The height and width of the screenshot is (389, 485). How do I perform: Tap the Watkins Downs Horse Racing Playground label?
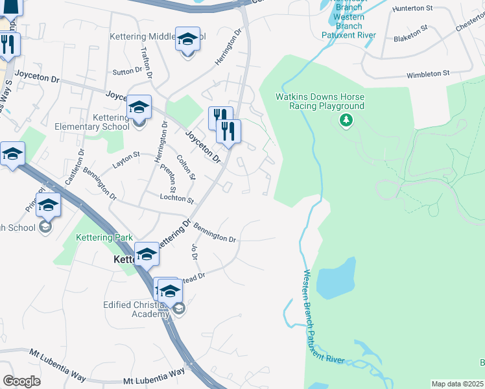click(x=320, y=101)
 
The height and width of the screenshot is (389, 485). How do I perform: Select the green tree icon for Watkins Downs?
click(x=346, y=120)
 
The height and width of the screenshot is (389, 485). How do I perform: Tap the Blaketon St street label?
click(x=410, y=34)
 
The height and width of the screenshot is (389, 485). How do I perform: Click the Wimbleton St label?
click(x=428, y=75)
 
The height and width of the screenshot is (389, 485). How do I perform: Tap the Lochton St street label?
click(x=176, y=200)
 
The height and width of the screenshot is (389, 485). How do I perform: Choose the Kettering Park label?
click(x=104, y=238)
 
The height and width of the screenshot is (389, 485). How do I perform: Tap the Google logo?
click(x=21, y=381)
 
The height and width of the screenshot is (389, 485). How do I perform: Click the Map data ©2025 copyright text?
click(x=456, y=384)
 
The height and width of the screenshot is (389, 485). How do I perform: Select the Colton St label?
click(x=186, y=167)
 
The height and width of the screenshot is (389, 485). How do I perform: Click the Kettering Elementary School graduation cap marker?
click(x=139, y=107)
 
